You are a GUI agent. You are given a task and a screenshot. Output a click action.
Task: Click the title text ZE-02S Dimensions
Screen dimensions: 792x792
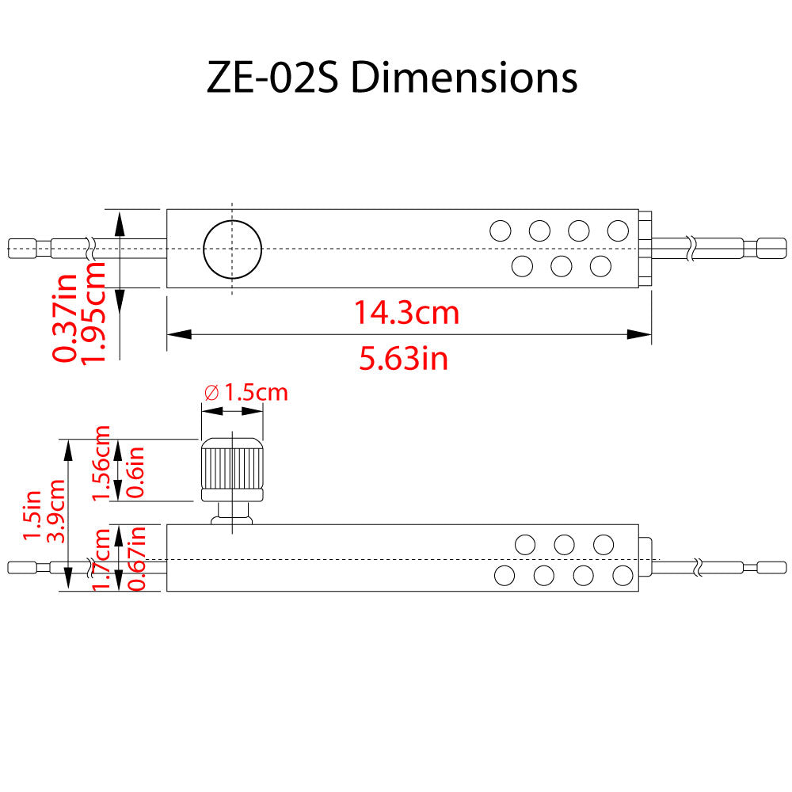[392, 78]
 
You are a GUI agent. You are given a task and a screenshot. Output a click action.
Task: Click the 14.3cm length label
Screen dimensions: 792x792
[406, 313]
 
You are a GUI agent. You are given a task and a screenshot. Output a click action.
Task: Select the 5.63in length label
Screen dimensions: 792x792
[404, 359]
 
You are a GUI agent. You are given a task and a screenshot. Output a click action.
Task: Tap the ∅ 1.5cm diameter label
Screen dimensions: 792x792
[246, 392]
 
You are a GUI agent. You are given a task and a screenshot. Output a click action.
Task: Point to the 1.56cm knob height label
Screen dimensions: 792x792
[102, 463]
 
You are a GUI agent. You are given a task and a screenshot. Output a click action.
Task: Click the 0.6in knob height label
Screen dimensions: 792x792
[136, 471]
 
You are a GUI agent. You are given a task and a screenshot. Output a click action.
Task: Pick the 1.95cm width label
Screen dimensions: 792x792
[94, 313]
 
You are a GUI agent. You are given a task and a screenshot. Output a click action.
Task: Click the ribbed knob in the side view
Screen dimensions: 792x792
[232, 467]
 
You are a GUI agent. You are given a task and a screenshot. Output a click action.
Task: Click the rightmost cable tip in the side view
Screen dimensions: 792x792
[771, 567]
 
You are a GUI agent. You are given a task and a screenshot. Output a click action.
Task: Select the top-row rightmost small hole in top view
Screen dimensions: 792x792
[618, 230]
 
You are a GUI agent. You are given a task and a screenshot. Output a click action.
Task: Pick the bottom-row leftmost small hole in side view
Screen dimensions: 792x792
[505, 576]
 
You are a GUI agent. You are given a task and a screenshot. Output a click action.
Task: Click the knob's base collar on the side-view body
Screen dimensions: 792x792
[231, 519]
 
